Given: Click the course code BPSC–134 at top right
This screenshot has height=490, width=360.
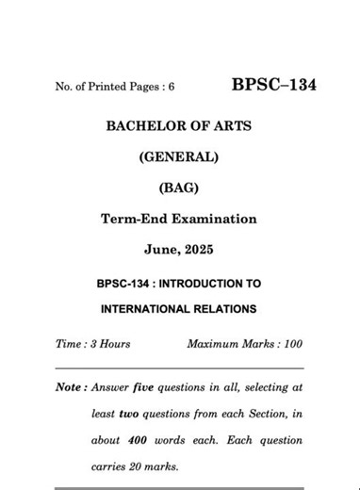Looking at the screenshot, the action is [x=273, y=86].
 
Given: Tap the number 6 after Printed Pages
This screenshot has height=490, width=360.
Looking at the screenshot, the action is [x=171, y=88].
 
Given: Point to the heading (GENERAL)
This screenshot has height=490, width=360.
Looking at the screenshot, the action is [x=179, y=158].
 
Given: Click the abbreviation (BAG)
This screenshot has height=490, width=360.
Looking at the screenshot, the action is [x=179, y=188].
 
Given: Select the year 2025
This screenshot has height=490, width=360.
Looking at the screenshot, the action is [x=196, y=249].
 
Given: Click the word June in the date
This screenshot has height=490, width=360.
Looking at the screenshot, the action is [x=160, y=249].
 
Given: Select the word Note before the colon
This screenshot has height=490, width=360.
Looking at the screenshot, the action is [x=69, y=386].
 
